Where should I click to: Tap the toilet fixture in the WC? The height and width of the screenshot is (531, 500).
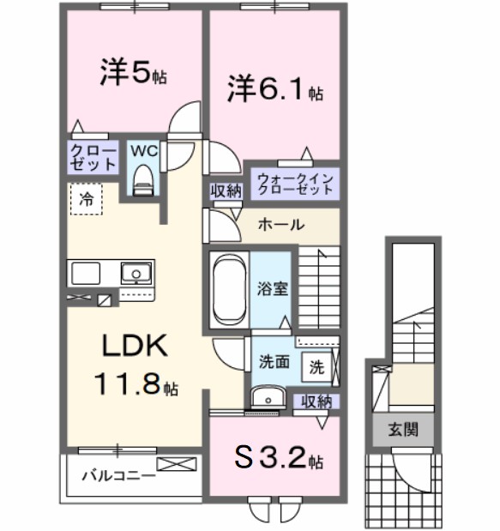[144, 181]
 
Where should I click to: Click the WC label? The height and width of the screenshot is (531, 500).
[143, 151]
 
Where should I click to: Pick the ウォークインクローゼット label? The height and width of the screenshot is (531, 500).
[294, 184]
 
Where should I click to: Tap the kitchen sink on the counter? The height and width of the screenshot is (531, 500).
[134, 275]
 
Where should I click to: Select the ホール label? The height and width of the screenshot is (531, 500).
[280, 225]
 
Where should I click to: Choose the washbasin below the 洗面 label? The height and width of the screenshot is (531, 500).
[269, 397]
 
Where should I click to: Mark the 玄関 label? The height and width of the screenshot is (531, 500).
[401, 429]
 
